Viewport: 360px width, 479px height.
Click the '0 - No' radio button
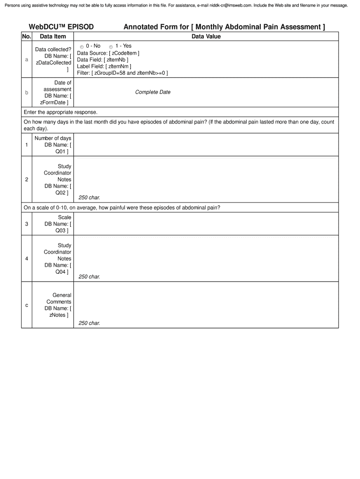(82, 47)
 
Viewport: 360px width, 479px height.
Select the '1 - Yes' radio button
(111, 47)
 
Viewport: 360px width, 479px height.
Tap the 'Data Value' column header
(206, 36)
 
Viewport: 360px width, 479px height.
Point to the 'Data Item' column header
(53, 36)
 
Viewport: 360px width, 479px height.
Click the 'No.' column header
(27, 36)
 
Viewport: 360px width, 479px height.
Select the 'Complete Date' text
(153, 92)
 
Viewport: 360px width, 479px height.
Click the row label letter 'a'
(27, 60)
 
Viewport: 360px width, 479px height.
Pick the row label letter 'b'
(27, 93)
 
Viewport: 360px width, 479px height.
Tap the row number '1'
(27, 145)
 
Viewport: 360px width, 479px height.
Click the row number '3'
(27, 224)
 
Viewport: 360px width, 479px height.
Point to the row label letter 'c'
(27, 305)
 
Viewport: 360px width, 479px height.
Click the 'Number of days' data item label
(53, 138)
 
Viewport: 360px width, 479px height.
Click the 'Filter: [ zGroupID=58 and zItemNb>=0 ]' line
(122, 73)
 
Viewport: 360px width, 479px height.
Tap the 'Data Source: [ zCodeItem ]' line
(108, 53)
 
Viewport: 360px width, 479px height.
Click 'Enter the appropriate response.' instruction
(60, 112)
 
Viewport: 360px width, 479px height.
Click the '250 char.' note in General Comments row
(89, 323)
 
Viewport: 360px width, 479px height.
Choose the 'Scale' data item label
(65, 218)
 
